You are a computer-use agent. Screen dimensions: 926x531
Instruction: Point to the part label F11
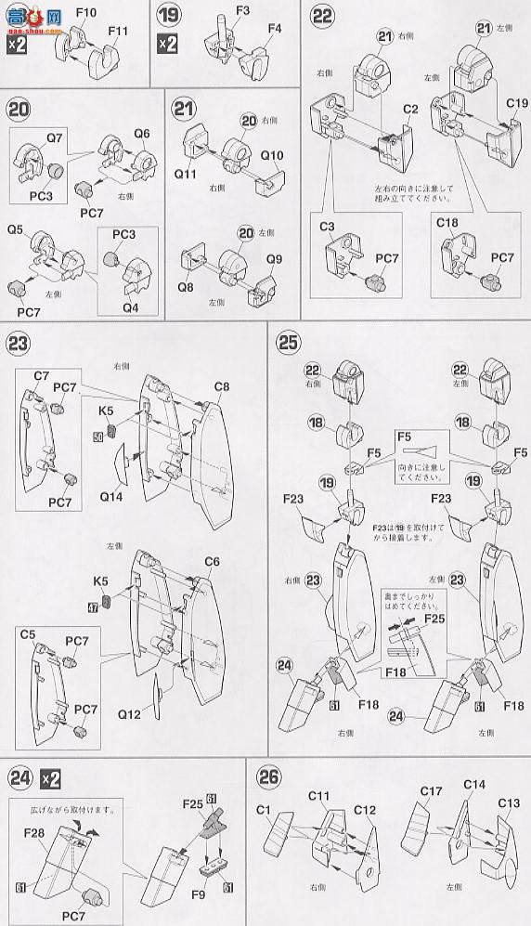point(118,32)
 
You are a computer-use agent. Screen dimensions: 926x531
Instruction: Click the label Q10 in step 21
point(273,155)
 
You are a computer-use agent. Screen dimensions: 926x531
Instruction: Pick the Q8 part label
point(185,287)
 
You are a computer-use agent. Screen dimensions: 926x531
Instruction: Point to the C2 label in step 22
point(411,109)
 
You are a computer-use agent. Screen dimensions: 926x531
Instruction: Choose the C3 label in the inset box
point(328,227)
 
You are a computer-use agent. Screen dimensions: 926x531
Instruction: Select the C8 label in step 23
point(221,386)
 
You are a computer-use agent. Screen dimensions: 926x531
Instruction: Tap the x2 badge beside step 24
point(51,778)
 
